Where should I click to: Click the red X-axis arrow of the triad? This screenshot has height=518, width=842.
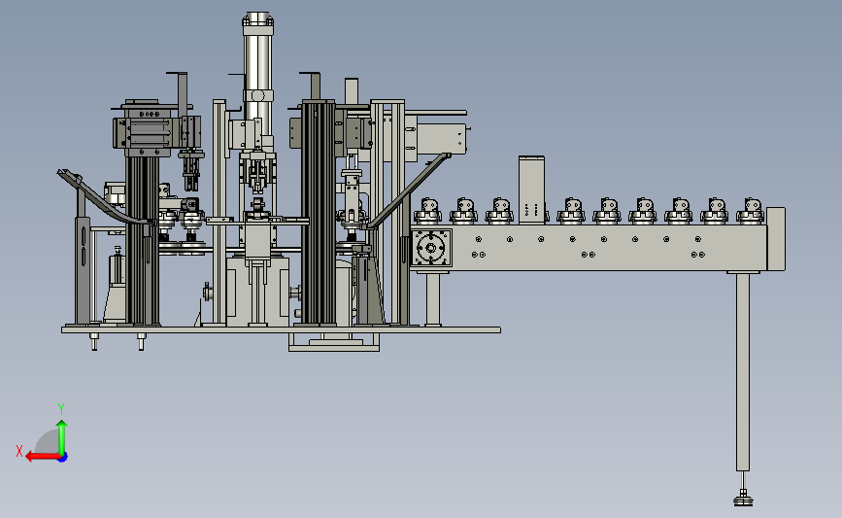coord(43,457)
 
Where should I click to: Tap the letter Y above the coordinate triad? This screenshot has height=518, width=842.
coord(61,409)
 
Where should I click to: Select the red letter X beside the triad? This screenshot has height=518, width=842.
coord(19,451)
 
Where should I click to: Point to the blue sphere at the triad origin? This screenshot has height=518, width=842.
coord(63,457)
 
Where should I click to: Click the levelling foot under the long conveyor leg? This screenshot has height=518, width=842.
coord(743,498)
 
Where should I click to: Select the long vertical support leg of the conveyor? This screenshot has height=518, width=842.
coord(743,372)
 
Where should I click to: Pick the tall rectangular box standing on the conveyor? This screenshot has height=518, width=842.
coord(531,190)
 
